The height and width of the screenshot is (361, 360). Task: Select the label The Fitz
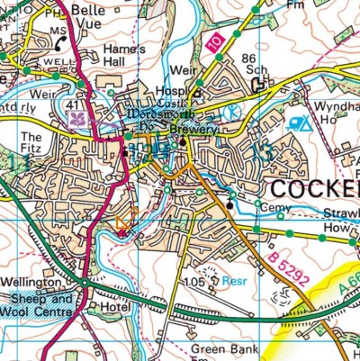29,144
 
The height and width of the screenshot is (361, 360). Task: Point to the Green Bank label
223,347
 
